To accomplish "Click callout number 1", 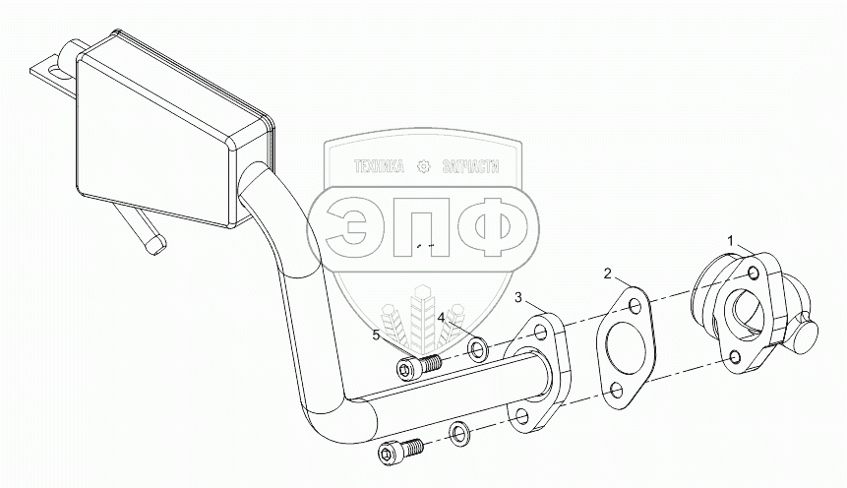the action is [731, 239].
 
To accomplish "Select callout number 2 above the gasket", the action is [608, 272].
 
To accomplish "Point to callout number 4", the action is [443, 317].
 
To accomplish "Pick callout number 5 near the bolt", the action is [376, 335].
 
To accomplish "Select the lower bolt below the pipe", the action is [398, 452].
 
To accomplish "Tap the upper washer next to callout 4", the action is [476, 348].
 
